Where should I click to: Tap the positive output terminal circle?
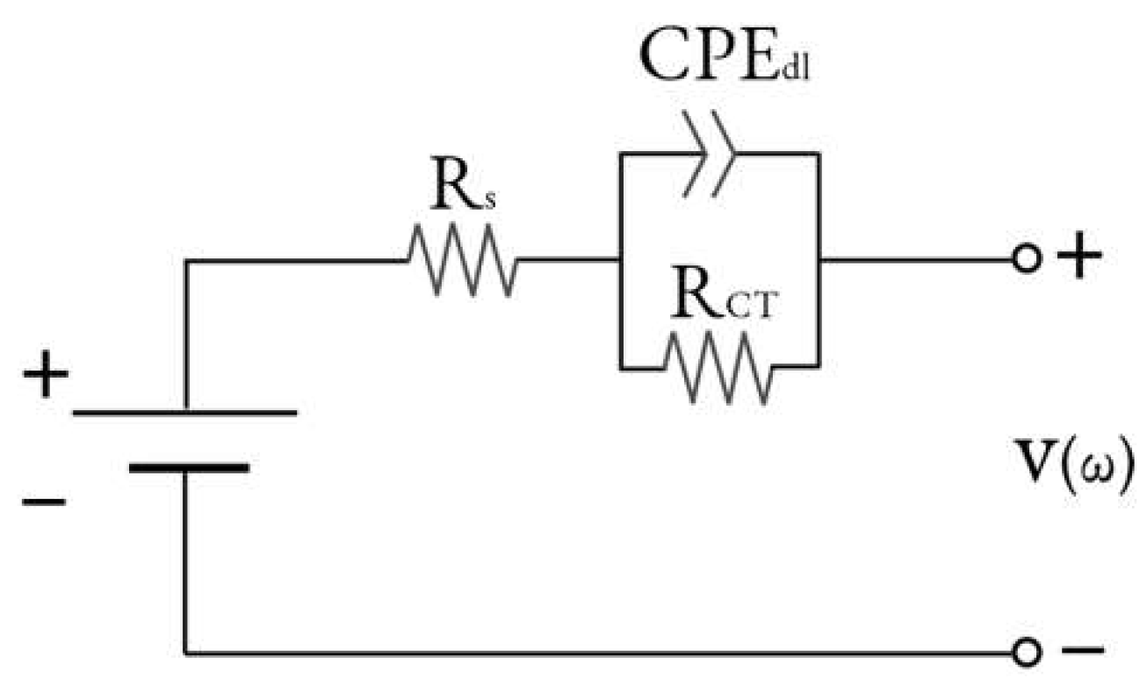point(1025,260)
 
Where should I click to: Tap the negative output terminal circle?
point(1025,652)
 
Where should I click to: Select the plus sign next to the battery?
point(46,379)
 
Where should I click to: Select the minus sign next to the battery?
point(44,502)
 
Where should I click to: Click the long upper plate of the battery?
point(184,411)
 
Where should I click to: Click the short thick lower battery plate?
point(188,467)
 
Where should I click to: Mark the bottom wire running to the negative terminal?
point(597,653)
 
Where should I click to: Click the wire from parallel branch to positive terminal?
point(913,260)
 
